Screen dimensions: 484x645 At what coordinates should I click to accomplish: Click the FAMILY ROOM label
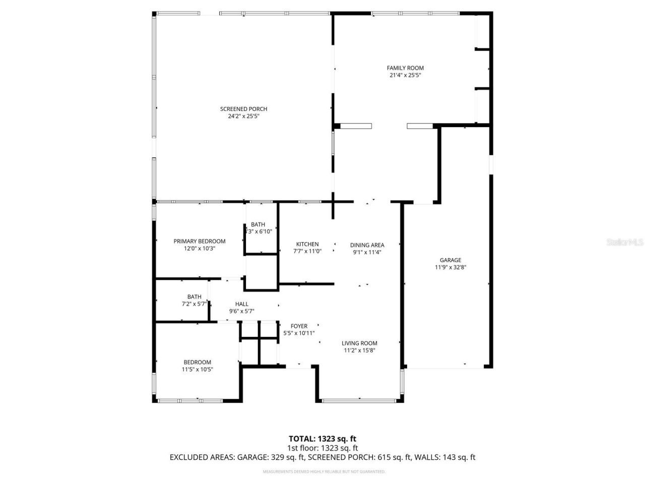click(405, 68)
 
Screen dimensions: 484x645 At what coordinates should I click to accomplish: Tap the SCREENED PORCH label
click(243, 109)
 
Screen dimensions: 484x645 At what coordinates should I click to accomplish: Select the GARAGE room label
click(450, 260)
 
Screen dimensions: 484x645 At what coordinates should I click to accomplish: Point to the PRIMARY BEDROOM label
click(200, 241)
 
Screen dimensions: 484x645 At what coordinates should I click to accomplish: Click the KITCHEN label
click(307, 244)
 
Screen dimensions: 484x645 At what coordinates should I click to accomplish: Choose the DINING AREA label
click(367, 245)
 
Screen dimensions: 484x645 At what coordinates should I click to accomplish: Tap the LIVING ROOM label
click(360, 343)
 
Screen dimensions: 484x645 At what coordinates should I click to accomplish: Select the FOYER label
click(299, 326)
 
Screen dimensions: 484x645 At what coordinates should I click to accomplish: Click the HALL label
click(242, 304)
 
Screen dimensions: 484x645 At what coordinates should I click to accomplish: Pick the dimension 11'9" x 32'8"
click(450, 268)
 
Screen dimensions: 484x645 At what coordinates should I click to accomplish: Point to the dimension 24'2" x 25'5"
click(243, 116)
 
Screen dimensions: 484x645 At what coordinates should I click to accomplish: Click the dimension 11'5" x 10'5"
click(198, 369)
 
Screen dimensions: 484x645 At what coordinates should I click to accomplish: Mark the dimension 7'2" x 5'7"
click(194, 304)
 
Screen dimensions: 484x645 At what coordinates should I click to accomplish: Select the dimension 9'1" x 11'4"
click(367, 252)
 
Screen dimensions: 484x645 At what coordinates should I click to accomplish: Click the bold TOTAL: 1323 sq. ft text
click(322, 439)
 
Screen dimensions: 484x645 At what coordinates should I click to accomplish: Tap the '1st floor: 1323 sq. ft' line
click(322, 448)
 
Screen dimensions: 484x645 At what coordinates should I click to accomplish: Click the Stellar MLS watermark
click(625, 242)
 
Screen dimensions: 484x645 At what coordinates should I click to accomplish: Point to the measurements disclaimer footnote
click(324, 472)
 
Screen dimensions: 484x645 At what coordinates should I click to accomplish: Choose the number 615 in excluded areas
click(384, 457)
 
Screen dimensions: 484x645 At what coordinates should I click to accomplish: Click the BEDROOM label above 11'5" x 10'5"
click(198, 362)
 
